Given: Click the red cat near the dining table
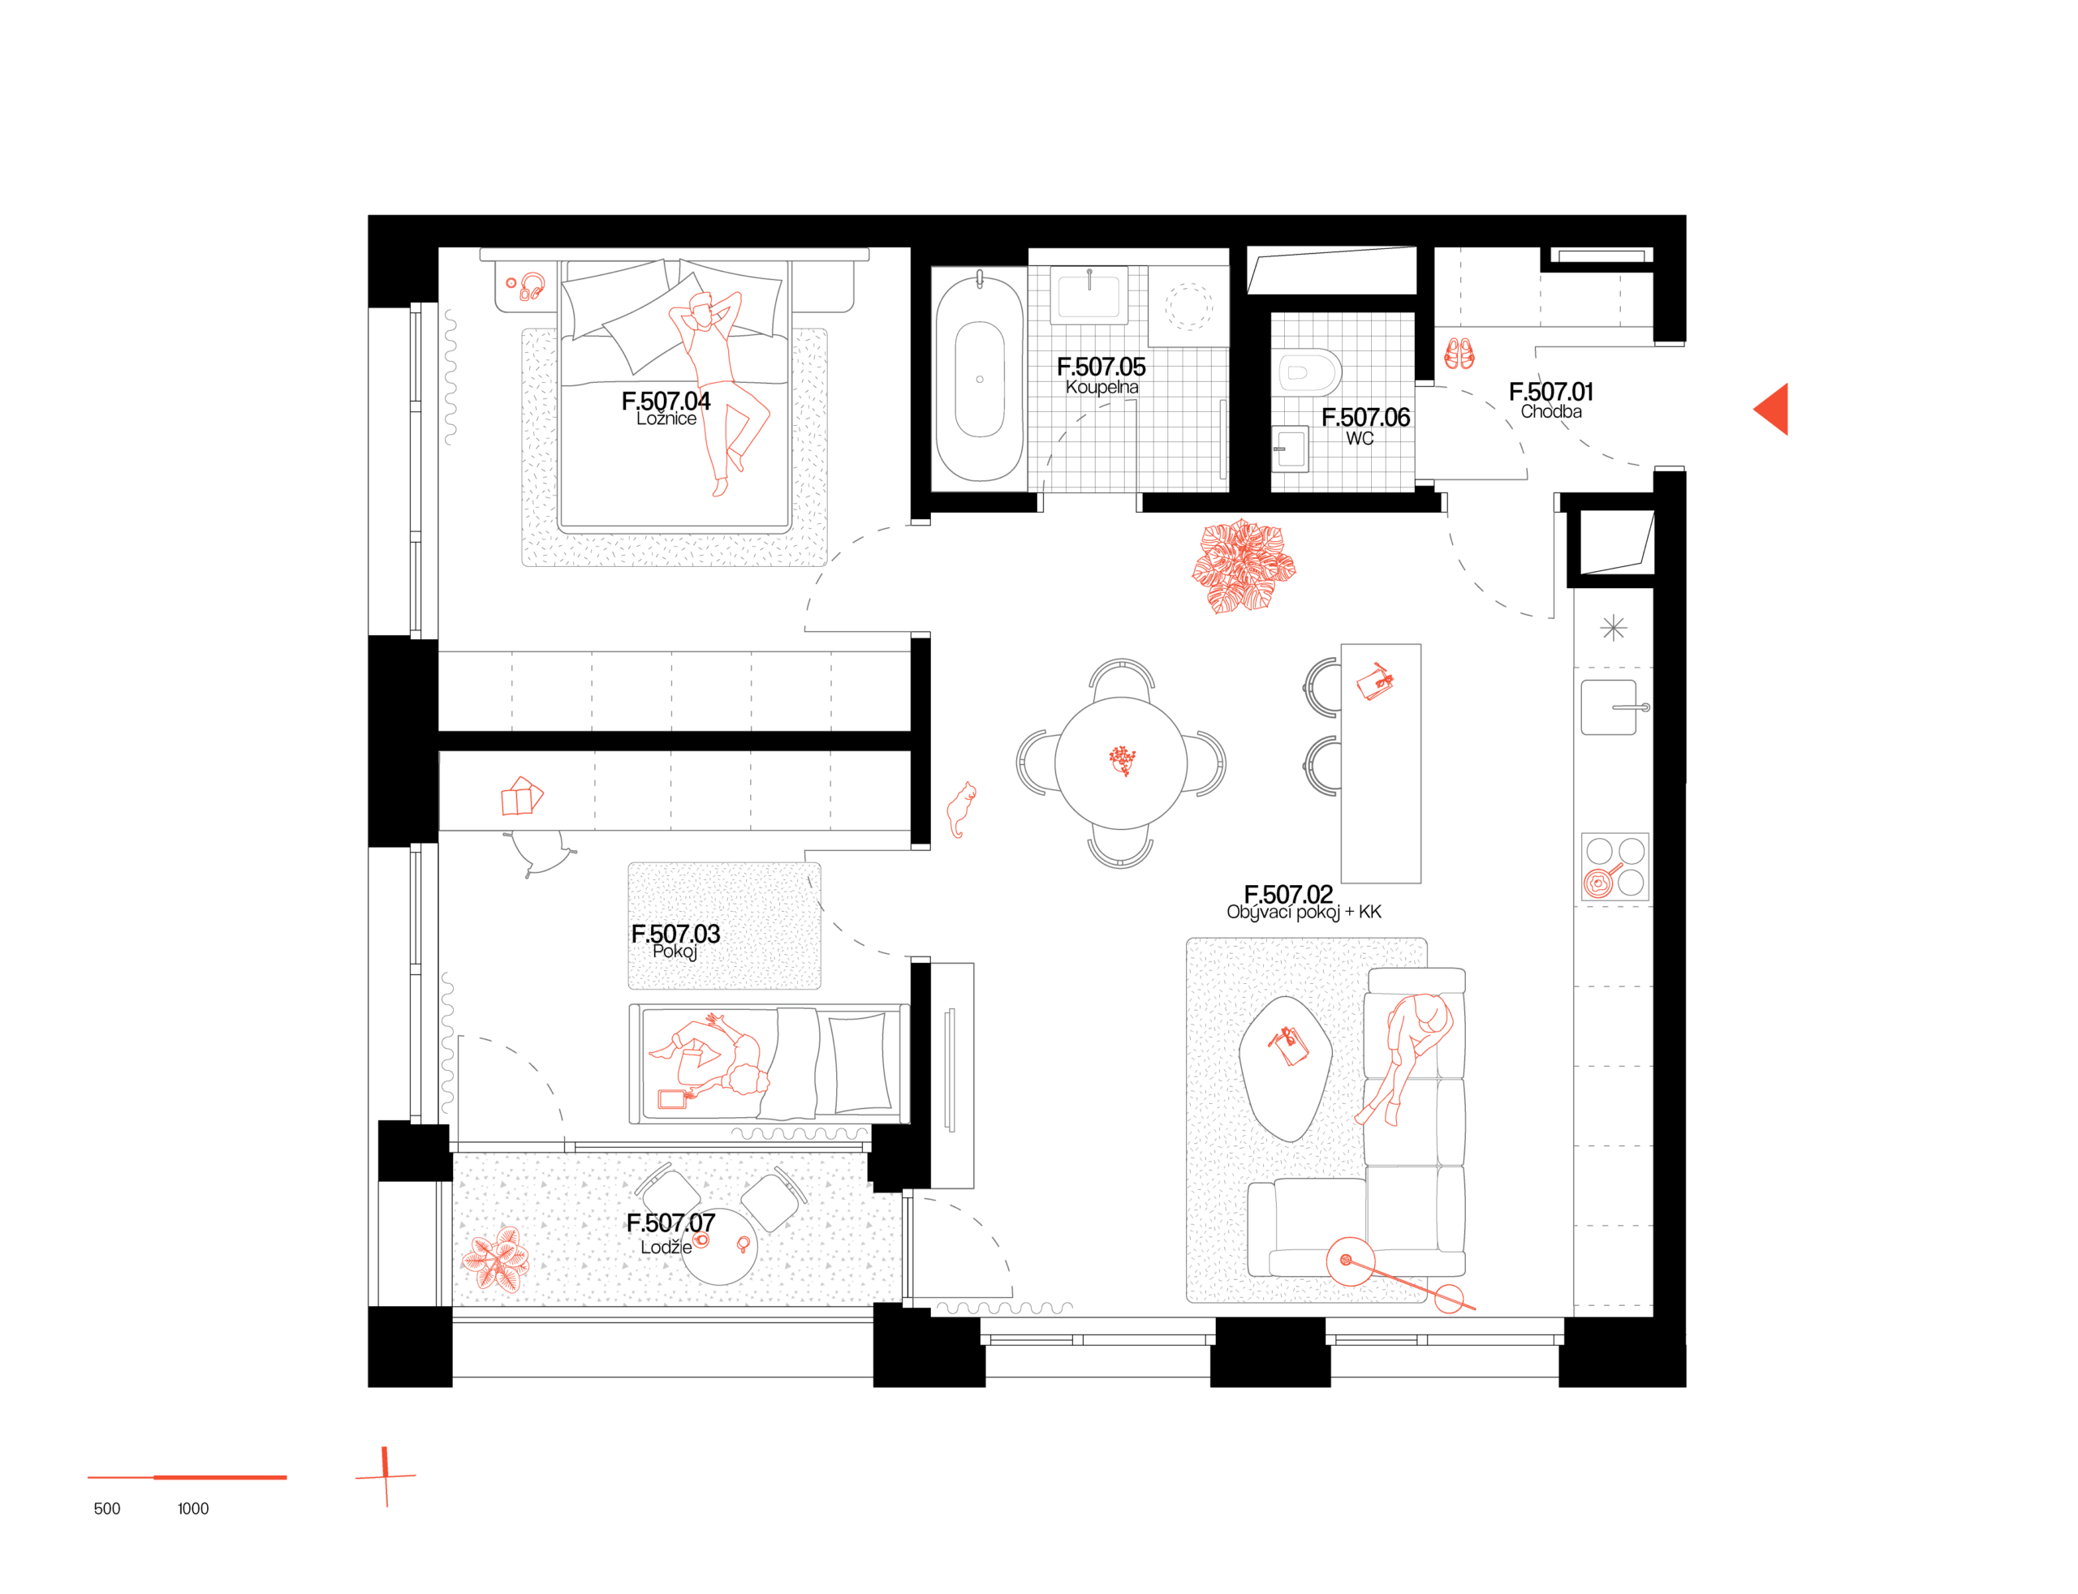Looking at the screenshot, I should pos(961,810).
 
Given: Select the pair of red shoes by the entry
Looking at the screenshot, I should pos(1459,354).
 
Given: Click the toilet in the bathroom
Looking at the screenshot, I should pos(1306,372).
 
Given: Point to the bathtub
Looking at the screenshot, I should pos(979,379).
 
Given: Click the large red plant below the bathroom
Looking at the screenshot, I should pos(1244,566).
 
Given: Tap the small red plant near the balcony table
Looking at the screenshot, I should pos(497,1259).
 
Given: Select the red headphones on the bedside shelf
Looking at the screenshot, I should pos(532,286).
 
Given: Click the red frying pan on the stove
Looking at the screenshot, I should pos(1598,883).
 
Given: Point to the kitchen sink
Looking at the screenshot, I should pos(1609,707).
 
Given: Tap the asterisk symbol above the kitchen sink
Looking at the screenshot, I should pos(1613,628).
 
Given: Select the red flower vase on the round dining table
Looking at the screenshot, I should pos(1122,760).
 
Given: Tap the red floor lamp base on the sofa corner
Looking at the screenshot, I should pos(1350,1261).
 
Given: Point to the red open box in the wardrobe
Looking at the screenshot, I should pos(521,797).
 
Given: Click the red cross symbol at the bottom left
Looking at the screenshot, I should pos(386,1476).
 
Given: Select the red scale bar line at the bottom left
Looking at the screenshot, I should pos(187,1477).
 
